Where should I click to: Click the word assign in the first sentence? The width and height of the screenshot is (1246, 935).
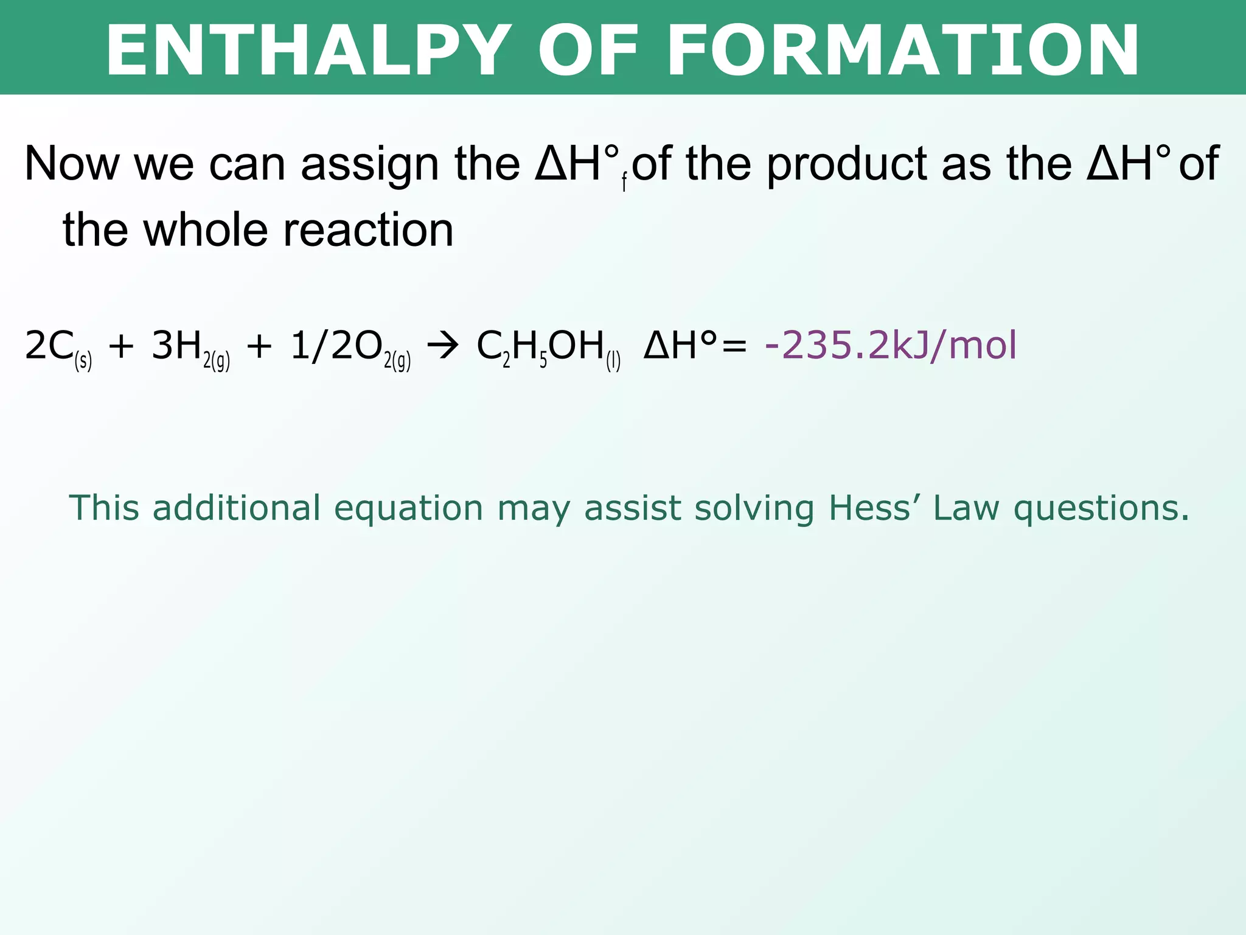[370, 164]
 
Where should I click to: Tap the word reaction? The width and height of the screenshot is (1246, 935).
[369, 230]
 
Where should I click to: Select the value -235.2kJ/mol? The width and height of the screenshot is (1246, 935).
[891, 346]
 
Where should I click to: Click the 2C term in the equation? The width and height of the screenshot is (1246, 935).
[49, 346]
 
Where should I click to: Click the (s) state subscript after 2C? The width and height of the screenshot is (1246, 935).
[83, 361]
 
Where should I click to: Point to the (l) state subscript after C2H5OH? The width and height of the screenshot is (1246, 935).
[613, 361]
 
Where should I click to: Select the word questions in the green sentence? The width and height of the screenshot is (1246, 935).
[1101, 508]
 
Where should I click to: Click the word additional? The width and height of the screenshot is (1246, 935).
[237, 508]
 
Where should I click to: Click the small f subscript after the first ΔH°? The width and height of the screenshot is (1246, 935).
[624, 183]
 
